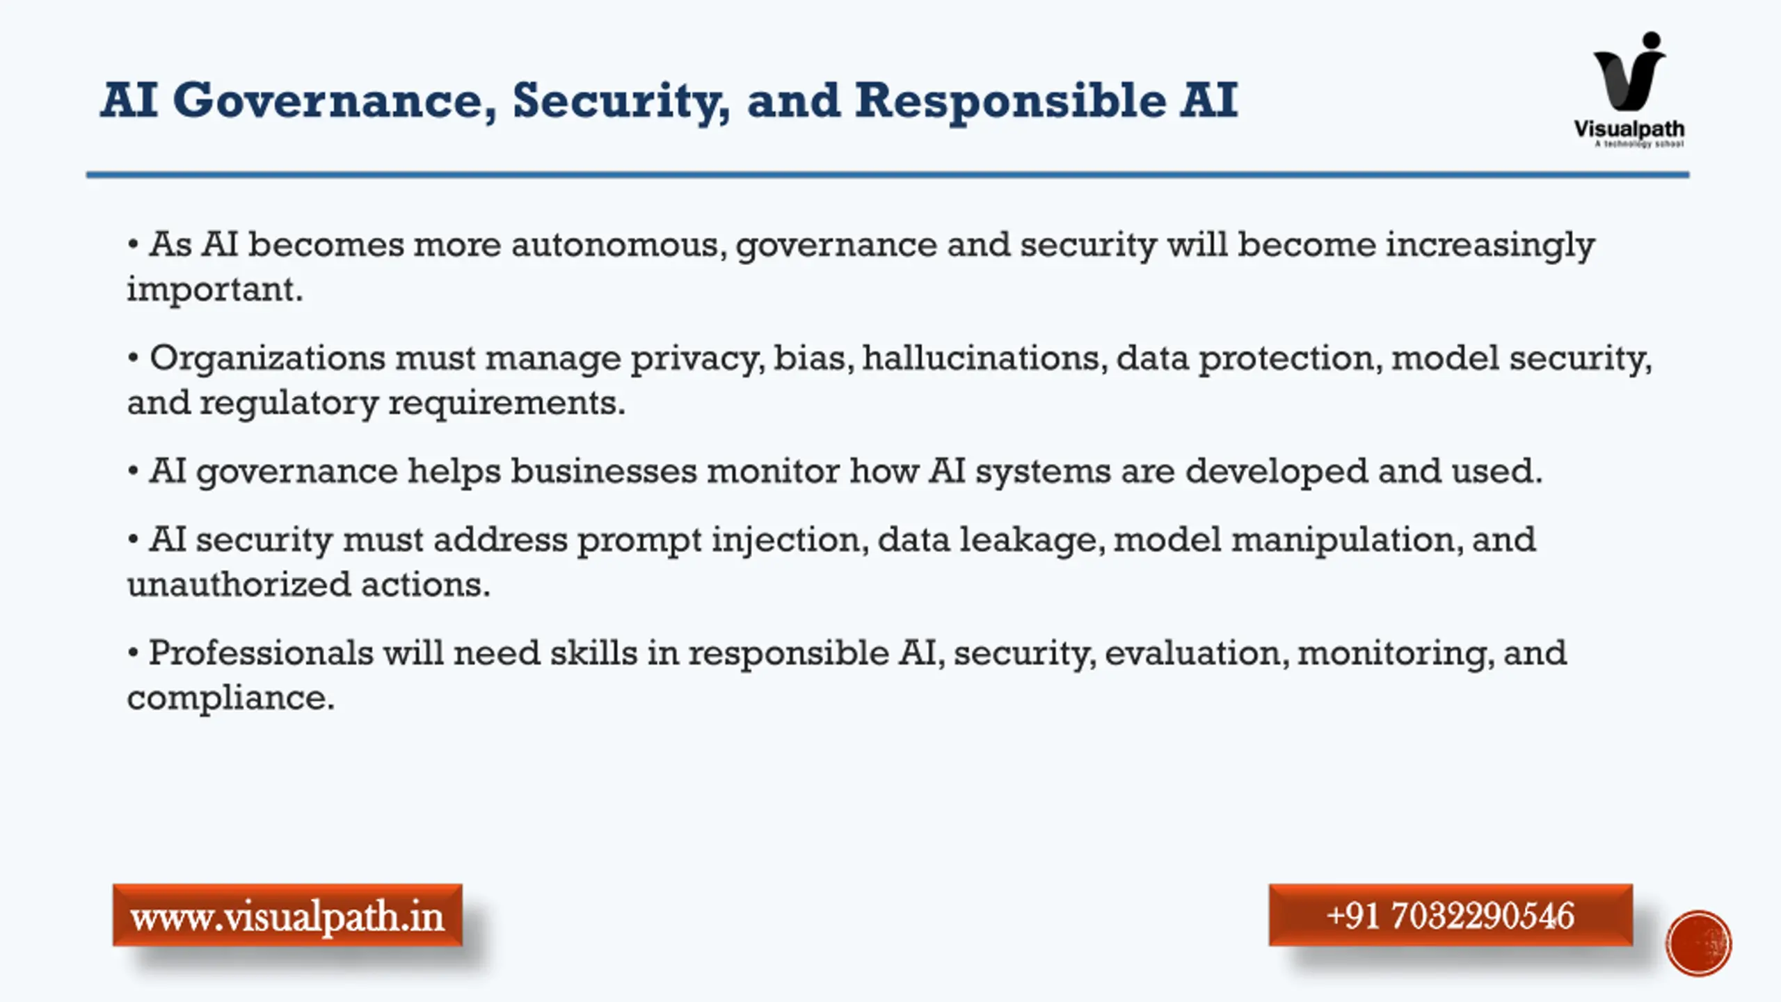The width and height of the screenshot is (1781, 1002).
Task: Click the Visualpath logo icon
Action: [1630, 72]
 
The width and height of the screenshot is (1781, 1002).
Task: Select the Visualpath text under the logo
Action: [1629, 129]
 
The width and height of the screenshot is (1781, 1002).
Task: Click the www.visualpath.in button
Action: [287, 915]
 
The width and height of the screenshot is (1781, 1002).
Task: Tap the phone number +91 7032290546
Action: [1451, 915]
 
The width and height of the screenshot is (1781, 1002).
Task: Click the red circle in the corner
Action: [1699, 944]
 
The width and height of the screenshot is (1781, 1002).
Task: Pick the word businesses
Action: [604, 471]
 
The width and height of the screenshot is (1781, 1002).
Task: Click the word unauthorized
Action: [239, 584]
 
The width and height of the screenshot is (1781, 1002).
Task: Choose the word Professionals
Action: [262, 653]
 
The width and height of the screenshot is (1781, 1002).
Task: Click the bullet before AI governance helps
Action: [133, 472]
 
